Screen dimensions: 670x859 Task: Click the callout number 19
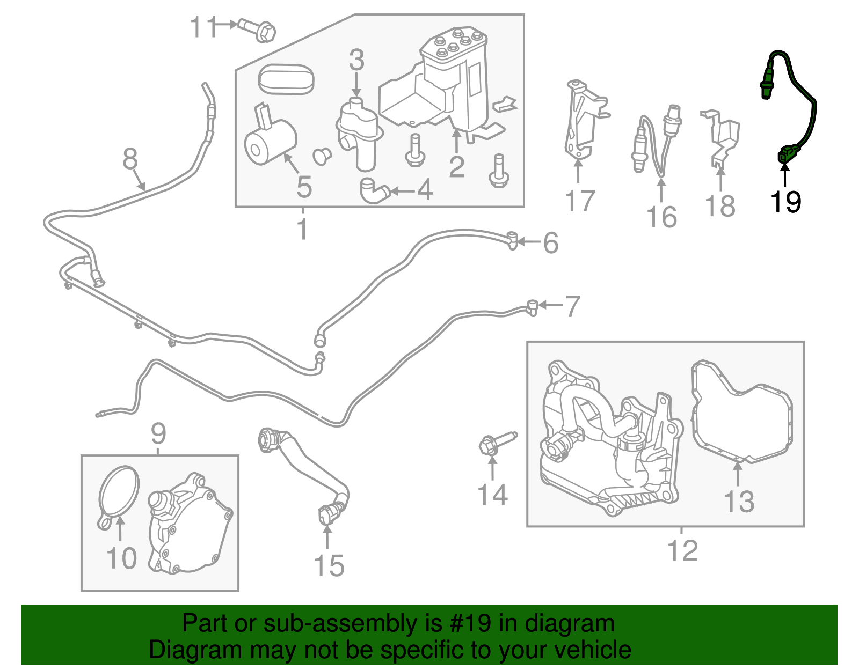click(785, 202)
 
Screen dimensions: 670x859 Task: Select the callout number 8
click(130, 159)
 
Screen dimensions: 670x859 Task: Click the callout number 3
click(356, 60)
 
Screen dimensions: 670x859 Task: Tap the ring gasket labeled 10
click(119, 494)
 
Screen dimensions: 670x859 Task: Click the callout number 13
click(739, 502)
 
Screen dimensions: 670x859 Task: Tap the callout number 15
click(329, 565)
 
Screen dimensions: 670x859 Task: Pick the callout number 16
click(661, 217)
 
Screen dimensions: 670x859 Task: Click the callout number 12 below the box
click(682, 551)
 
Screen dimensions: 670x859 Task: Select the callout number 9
click(158, 433)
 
